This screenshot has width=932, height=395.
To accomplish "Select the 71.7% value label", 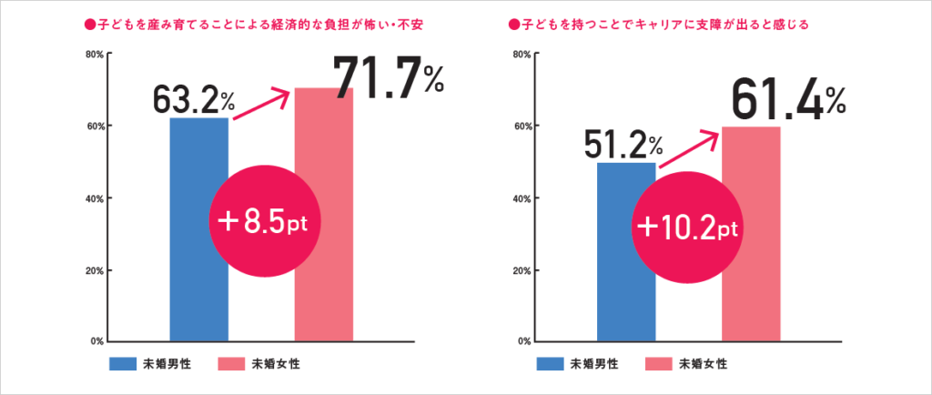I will coord(388,77).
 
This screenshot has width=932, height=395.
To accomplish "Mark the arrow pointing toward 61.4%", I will coord(691,148).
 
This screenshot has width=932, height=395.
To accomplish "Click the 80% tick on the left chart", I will coord(92,54).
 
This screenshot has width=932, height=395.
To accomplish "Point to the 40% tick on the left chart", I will coord(92,197).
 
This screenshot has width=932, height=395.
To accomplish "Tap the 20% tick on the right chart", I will coord(521,270).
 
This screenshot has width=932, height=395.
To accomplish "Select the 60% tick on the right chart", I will coord(521,126).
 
